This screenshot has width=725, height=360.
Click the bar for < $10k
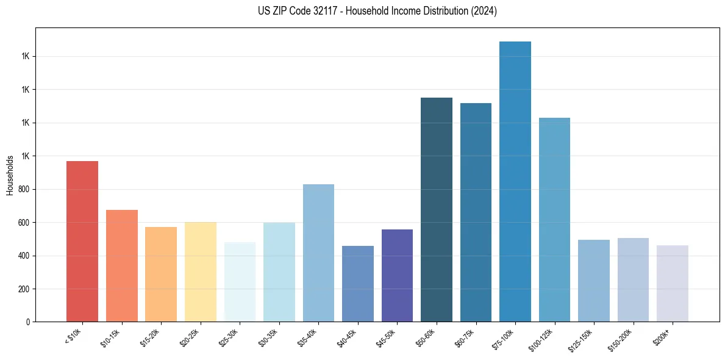(82, 241)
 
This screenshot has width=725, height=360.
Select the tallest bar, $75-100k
(515, 181)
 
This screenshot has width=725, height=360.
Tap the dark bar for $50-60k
(437, 209)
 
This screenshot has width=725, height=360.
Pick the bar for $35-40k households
(318, 253)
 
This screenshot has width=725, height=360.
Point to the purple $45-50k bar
(397, 275)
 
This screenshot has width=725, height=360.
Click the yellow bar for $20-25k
(201, 272)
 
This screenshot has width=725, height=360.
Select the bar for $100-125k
(554, 220)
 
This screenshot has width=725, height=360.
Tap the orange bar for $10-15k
(122, 265)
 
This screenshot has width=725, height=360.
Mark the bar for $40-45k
(358, 284)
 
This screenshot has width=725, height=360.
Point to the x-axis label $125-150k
(581, 338)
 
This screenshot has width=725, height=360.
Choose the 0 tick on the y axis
(28, 322)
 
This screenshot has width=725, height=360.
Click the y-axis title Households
(10, 175)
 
